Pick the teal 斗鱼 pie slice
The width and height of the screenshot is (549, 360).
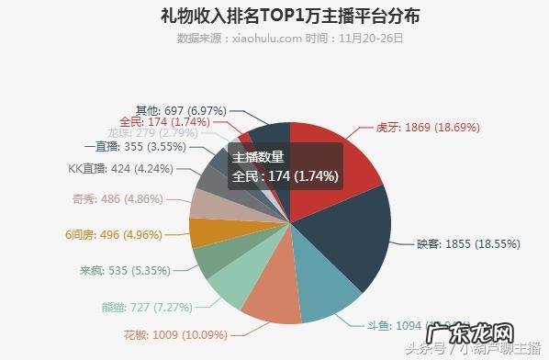pos(326,294)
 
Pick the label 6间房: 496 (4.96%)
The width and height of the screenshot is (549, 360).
pos(113,233)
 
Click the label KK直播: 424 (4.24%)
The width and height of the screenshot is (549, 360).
pos(113,169)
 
